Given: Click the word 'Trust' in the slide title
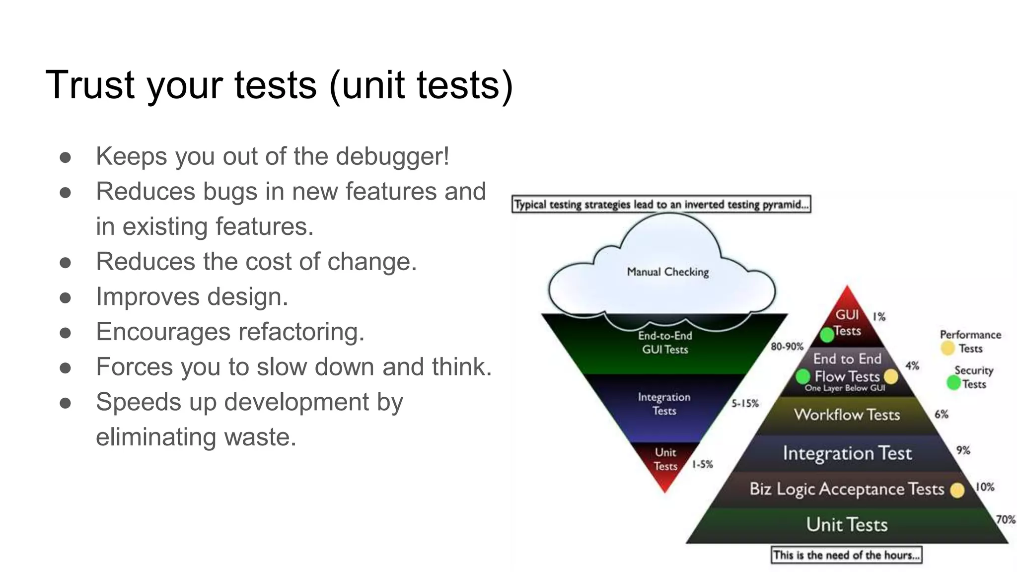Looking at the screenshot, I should coord(89,85).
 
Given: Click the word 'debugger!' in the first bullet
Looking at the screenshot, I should coord(392,157).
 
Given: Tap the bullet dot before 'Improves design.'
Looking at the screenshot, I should coord(65,298).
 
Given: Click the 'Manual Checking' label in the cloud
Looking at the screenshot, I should coord(667,272).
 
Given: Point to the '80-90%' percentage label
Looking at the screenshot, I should coord(787,347).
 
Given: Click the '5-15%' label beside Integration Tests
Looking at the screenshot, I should coord(745,404).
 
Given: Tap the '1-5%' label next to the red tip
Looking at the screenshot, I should coord(702,465).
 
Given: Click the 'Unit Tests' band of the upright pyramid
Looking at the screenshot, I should coord(846,525).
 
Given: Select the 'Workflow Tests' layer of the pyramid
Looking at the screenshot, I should coord(847,415).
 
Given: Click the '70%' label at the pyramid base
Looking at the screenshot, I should coord(1005,519).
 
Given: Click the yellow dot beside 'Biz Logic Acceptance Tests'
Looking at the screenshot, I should coord(957,491).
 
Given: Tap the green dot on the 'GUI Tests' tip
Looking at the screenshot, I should coord(827,335).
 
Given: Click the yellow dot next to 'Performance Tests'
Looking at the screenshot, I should coord(947,348).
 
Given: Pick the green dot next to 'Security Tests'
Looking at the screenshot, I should coord(953,383).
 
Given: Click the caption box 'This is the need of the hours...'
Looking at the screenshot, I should coord(846,555).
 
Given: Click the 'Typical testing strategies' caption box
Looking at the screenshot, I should coord(661,205).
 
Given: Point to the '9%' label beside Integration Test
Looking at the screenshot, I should coord(963,450).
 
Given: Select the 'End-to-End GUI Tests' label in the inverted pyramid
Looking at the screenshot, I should coord(665,343).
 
